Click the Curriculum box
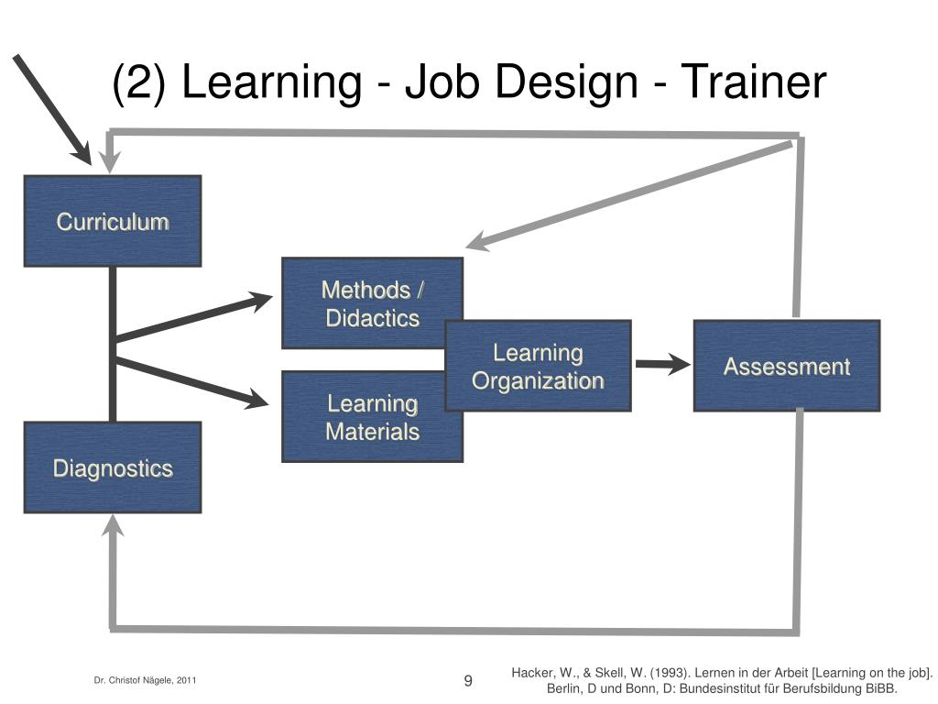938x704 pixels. point(112,221)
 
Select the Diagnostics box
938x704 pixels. point(112,467)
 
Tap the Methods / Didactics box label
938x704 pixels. point(372,304)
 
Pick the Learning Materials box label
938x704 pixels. point(372,417)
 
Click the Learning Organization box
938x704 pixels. point(539,366)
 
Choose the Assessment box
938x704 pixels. point(786,367)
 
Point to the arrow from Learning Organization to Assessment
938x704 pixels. point(662,364)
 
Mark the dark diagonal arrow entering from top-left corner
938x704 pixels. point(51,107)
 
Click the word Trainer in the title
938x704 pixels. point(751,82)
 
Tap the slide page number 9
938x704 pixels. point(468,680)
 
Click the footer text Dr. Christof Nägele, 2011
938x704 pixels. point(145,680)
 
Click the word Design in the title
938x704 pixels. point(568,83)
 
